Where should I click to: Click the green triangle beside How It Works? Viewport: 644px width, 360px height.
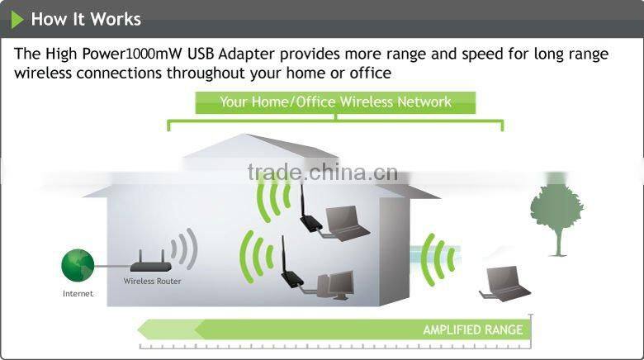[17, 19]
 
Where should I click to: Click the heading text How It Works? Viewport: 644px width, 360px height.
[86, 19]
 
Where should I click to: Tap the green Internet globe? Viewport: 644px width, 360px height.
[78, 265]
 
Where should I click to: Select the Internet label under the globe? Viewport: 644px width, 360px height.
[78, 293]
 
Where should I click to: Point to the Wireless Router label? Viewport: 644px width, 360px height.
[152, 281]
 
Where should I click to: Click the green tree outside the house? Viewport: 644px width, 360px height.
[557, 214]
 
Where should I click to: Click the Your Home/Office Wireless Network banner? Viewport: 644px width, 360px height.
[335, 102]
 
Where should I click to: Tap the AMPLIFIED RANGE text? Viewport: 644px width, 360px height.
[472, 329]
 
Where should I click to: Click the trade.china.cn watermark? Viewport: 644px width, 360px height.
[322, 173]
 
